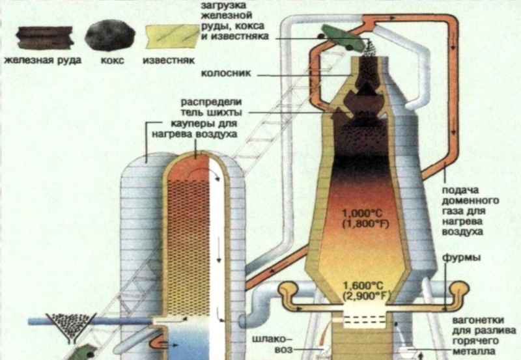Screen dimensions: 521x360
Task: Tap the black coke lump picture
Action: click(109, 35)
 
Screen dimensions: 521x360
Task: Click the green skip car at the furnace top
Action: click(341, 38)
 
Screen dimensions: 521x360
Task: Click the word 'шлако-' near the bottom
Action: click(272, 338)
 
